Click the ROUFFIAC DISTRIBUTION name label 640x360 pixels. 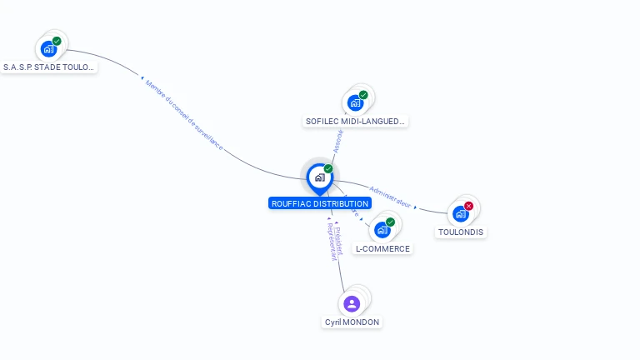click(x=319, y=203)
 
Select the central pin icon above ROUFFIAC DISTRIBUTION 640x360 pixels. click(x=318, y=177)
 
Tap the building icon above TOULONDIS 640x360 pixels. click(x=460, y=214)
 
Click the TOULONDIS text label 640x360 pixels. click(x=461, y=232)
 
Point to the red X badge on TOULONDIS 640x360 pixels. click(x=468, y=206)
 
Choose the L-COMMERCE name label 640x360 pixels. click(x=382, y=248)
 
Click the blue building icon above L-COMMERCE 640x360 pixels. click(x=382, y=230)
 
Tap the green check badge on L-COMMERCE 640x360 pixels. click(x=390, y=222)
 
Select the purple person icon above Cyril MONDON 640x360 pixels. click(x=352, y=303)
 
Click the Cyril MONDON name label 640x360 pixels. click(x=352, y=322)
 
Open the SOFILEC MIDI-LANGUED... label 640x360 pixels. click(x=356, y=121)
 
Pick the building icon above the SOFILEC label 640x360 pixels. click(x=355, y=103)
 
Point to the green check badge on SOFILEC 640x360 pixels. click(x=363, y=95)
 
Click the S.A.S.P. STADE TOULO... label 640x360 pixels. click(x=49, y=67)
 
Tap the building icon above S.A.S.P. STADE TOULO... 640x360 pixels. click(x=48, y=49)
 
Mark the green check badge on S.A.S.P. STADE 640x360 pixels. click(x=57, y=41)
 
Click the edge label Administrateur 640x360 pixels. click(x=391, y=196)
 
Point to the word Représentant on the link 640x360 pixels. click(x=332, y=242)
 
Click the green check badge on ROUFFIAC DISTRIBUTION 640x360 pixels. click(x=328, y=169)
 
